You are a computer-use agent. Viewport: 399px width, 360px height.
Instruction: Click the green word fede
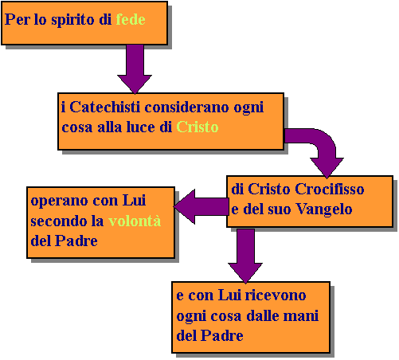tap(131, 19)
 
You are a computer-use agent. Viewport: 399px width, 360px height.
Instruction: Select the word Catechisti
tap(104, 107)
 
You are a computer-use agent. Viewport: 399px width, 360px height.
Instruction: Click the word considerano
tap(187, 107)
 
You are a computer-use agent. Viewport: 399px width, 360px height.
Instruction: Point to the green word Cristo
tap(198, 127)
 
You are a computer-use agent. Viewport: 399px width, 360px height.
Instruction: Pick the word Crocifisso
tap(330, 189)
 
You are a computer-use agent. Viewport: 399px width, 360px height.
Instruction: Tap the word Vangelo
tap(324, 209)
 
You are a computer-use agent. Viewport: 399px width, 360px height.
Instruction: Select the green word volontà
tap(135, 221)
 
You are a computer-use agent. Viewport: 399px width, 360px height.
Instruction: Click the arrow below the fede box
tap(135, 69)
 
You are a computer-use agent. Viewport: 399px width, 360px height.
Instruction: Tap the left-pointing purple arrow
tap(201, 206)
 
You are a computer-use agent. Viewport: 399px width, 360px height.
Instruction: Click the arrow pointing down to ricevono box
tap(245, 256)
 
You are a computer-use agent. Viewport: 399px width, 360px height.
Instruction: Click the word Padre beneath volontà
tap(76, 241)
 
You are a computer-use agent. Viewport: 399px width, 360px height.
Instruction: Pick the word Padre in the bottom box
tap(221, 335)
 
